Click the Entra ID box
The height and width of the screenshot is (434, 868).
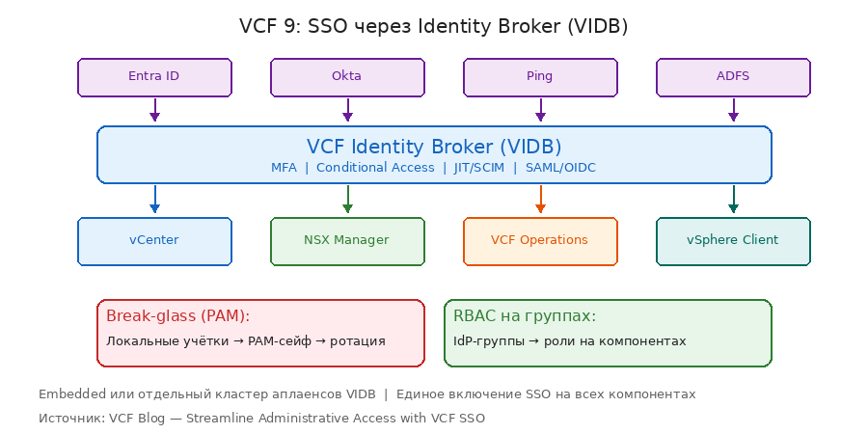(154, 77)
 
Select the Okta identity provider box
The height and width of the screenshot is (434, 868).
(347, 77)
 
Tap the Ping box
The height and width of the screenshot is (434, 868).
(540, 77)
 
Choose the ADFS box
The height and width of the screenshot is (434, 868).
(733, 77)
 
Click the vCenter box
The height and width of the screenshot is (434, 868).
(154, 240)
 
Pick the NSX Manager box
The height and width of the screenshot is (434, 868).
(347, 240)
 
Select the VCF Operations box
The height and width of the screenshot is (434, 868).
(540, 240)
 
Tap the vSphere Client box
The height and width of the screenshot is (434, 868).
(733, 240)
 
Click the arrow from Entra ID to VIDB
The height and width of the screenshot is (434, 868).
(154, 110)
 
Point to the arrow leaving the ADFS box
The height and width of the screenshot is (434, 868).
(733, 110)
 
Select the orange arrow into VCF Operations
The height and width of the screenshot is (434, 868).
(540, 200)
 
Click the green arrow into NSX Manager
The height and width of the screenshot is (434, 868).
(347, 200)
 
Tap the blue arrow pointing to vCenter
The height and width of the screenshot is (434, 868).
(154, 200)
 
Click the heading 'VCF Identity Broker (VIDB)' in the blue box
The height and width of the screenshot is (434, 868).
(434, 147)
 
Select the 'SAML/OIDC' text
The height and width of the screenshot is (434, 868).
(560, 168)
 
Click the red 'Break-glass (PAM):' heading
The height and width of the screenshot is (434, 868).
(177, 316)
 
